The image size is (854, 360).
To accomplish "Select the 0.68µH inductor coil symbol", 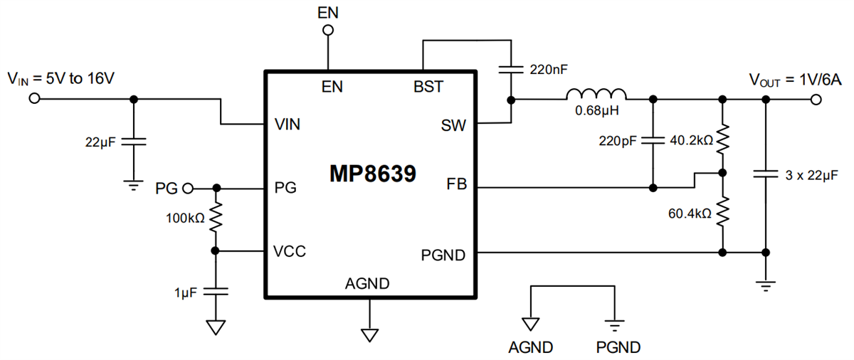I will (x=596, y=95).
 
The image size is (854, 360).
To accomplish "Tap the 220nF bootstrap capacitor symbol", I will (x=511, y=70).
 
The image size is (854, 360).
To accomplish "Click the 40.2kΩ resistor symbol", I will (x=722, y=140).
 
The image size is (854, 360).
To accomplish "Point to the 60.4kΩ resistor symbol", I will (x=722, y=212).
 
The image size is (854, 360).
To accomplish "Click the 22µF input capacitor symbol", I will (x=133, y=142).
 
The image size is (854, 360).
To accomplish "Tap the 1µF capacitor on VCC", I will (x=216, y=291).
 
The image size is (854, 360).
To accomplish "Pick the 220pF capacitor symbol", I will (x=653, y=140).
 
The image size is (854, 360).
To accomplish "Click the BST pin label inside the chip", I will (x=428, y=87).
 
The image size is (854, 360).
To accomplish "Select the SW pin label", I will (x=453, y=126).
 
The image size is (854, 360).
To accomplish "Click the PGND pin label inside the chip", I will (x=443, y=254).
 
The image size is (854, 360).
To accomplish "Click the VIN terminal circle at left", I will (x=33, y=99).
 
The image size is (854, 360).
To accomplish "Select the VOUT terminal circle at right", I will (x=816, y=99).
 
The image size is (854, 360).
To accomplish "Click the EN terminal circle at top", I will (x=328, y=30).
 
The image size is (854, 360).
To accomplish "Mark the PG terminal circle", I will (x=188, y=189).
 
